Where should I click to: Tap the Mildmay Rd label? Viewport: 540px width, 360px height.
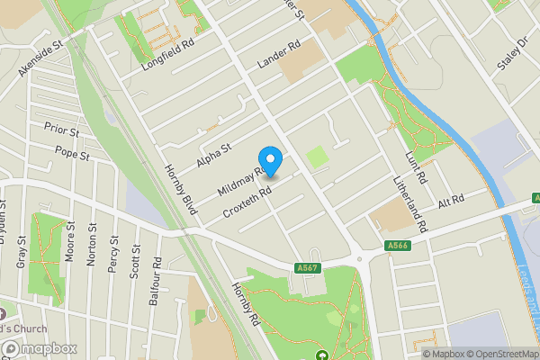click(239, 180)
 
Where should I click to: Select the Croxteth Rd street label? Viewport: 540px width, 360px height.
click(247, 201)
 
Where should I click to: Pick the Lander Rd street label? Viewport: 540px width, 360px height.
click(277, 53)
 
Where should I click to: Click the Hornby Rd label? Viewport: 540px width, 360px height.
click(245, 305)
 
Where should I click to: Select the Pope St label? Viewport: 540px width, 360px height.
click(72, 154)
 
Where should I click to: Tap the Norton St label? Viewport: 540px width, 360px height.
click(93, 244)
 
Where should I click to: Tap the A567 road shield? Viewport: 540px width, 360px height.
click(307, 265)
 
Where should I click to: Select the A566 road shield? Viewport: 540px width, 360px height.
click(398, 246)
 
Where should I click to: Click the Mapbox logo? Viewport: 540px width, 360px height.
click(39, 348)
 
